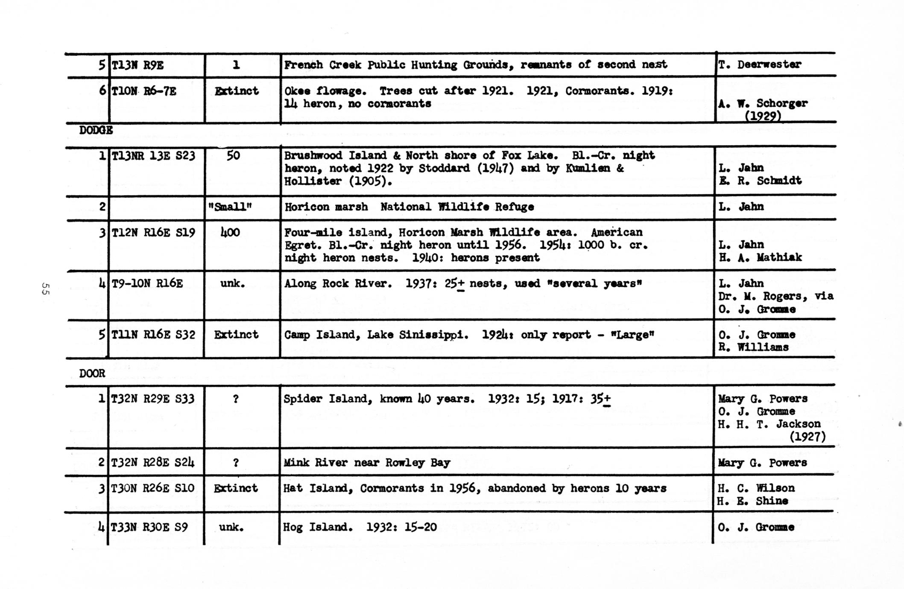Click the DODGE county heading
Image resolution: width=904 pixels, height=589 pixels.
96,130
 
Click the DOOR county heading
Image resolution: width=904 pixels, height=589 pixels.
92,373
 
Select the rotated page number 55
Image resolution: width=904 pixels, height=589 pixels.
45,289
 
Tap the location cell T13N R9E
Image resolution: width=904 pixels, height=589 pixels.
138,65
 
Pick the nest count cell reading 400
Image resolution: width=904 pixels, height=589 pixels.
231,233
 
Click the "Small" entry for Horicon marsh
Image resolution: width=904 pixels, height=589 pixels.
230,207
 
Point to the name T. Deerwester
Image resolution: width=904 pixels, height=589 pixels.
760,64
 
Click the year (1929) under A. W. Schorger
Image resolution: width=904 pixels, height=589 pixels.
763,116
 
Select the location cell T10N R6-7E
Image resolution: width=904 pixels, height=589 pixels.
144,91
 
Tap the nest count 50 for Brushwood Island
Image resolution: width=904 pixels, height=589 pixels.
233,155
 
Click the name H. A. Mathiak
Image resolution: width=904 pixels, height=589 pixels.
760,257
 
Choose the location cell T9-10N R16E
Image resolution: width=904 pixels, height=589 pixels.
147,283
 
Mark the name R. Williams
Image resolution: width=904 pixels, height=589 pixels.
753,347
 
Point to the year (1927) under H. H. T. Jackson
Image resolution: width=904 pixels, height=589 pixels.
807,437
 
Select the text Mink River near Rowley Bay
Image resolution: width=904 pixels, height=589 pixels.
367,463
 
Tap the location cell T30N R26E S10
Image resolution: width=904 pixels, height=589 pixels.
152,488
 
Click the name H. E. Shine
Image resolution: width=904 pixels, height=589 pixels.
752,501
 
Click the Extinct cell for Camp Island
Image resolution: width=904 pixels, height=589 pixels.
236,335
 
